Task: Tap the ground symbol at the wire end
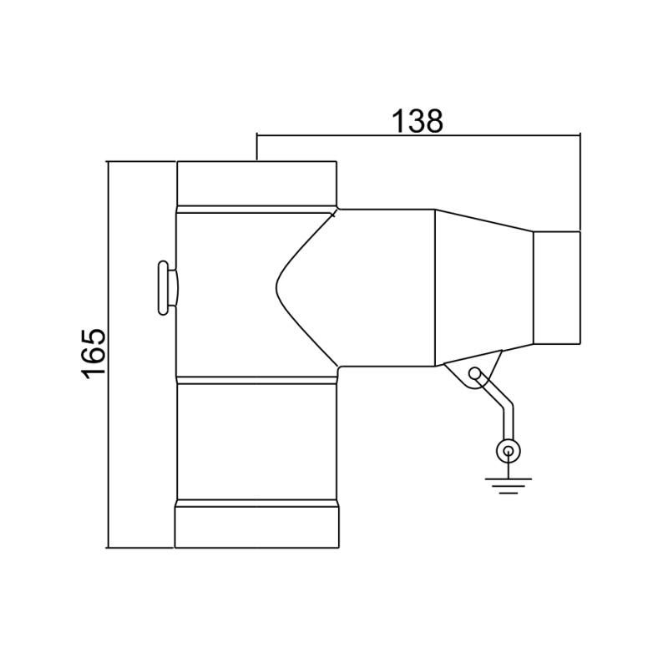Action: click(x=506, y=483)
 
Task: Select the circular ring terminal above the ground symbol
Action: click(x=506, y=452)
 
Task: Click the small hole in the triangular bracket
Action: click(x=476, y=373)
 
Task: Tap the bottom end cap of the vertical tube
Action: click(x=257, y=526)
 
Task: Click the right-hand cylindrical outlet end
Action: click(x=557, y=287)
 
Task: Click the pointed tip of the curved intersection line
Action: click(x=276, y=287)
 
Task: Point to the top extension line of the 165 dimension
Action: click(x=142, y=161)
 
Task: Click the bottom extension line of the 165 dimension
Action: click(x=142, y=549)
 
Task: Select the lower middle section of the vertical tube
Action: click(x=257, y=438)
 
